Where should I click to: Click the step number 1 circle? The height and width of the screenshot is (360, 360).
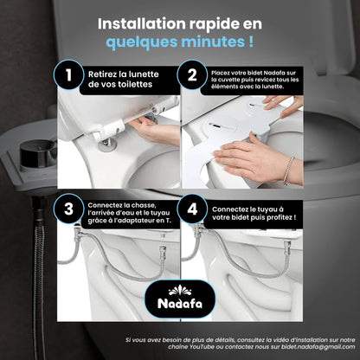pyautogui.click(x=68, y=74)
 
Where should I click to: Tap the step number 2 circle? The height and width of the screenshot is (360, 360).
pyautogui.click(x=192, y=74)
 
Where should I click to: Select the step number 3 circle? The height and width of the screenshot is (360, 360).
pyautogui.click(x=68, y=209)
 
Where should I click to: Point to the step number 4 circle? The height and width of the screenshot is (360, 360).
pyautogui.click(x=192, y=209)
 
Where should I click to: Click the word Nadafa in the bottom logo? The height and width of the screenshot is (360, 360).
pyautogui.click(x=180, y=303)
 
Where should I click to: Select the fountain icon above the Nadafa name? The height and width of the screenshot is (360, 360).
pyautogui.click(x=180, y=290)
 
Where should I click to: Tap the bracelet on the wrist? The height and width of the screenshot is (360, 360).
pyautogui.click(x=288, y=170)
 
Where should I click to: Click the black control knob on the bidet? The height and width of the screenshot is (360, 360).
pyautogui.click(x=38, y=153)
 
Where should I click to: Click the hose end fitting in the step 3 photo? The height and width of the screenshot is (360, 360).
pyautogui.click(x=163, y=250)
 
